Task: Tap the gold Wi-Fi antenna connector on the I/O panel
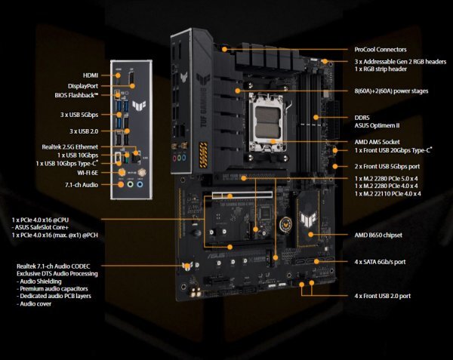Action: [120, 172]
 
